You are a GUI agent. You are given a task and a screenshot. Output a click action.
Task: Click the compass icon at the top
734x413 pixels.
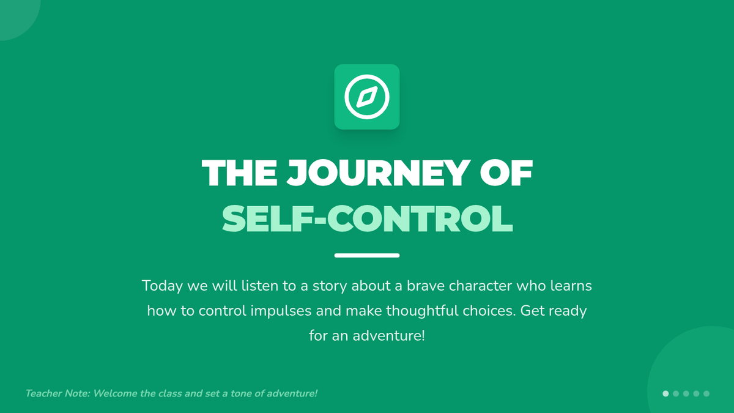click(366, 97)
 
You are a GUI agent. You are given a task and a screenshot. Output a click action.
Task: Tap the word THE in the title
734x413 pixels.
click(240, 173)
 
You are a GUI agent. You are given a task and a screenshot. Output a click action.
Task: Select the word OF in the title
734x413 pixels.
click(506, 173)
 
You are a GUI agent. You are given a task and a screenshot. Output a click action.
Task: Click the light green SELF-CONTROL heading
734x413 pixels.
click(367, 218)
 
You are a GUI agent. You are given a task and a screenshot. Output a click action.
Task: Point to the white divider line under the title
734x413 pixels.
click(367, 255)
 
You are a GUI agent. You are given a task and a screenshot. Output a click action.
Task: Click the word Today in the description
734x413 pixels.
click(162, 286)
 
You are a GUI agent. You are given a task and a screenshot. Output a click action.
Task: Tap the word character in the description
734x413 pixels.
click(480, 286)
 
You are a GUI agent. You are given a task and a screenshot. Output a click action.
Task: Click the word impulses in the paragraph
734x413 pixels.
click(281, 311)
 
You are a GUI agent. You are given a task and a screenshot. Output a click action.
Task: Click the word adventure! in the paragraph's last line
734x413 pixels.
click(388, 336)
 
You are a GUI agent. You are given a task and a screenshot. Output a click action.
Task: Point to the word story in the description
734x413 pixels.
click(329, 286)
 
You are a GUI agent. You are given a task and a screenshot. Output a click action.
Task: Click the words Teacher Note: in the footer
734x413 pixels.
click(57, 393)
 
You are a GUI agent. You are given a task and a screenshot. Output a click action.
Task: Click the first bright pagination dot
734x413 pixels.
click(665, 393)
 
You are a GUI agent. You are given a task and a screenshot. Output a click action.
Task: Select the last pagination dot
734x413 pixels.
click(706, 393)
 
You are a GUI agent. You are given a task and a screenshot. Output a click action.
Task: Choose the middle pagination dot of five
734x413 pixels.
click(686, 393)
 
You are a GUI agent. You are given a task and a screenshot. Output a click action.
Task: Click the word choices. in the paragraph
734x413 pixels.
click(489, 311)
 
